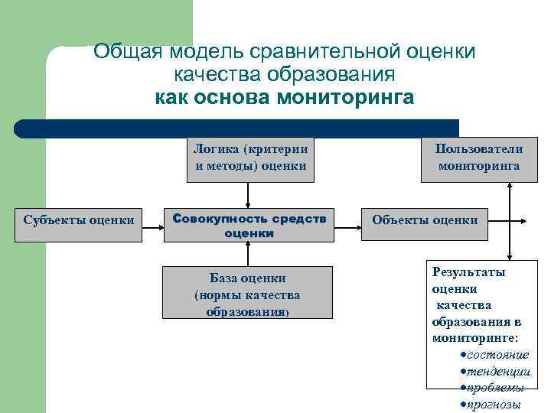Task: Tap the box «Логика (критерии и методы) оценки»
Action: (250, 158)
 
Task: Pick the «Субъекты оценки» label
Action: (79, 220)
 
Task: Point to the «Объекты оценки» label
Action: (425, 220)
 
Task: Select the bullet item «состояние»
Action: (497, 355)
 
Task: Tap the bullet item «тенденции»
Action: (498, 371)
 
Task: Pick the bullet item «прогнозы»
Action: (494, 405)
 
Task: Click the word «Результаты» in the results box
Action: (468, 272)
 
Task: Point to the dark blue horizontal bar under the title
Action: (237, 128)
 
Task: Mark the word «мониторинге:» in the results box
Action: (474, 337)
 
